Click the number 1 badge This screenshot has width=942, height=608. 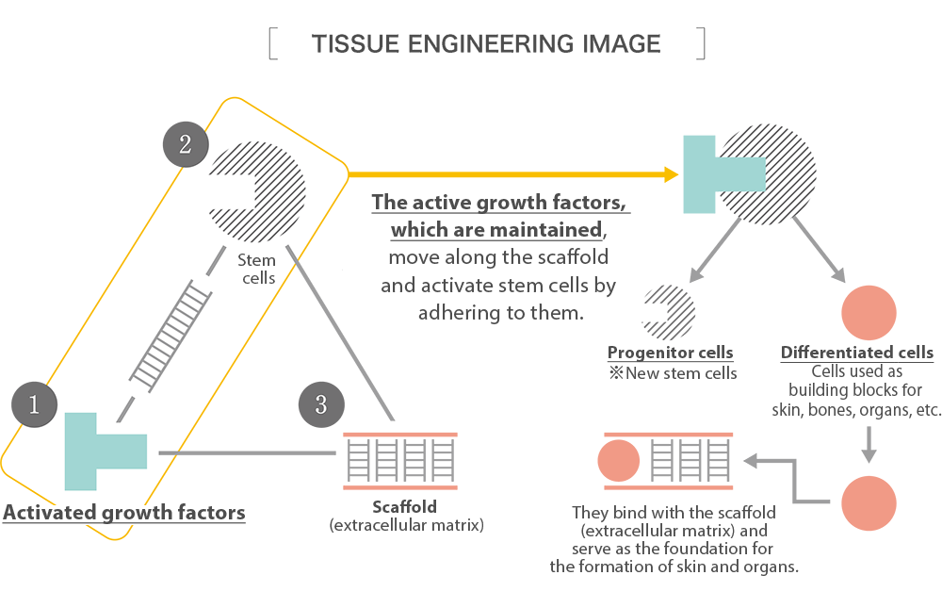pos(34,405)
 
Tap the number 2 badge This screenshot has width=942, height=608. pos(185,144)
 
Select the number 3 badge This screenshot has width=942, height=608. pos(320,405)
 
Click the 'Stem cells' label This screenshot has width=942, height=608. pos(256,269)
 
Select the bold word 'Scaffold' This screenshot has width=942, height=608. pos(405,507)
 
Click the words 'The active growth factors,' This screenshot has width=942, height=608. pos(499,204)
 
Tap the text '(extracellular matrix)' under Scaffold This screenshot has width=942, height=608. pos(406,525)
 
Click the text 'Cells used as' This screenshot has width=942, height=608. pos(857,370)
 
